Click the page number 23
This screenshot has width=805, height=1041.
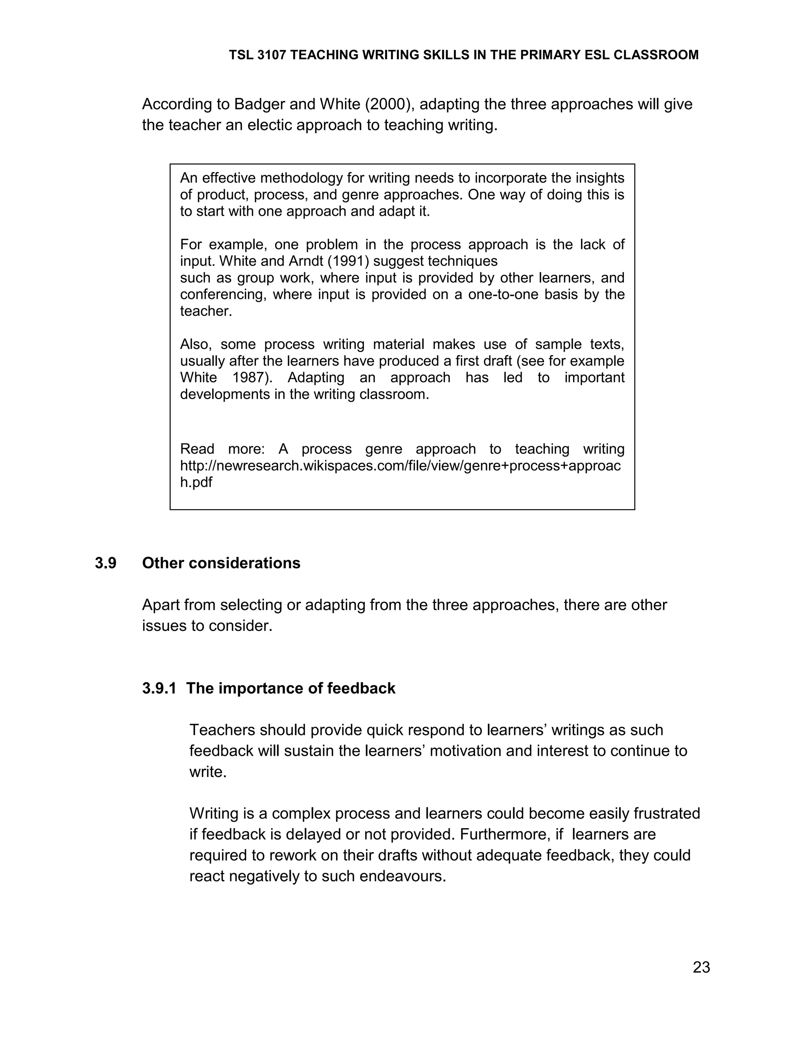pyautogui.click(x=701, y=967)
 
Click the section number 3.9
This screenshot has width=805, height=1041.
pyautogui.click(x=105, y=563)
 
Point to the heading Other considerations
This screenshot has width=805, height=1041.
pyautogui.click(x=221, y=563)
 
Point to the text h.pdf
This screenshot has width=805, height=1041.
pyautogui.click(x=196, y=482)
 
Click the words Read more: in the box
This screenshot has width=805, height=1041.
pyautogui.click(x=222, y=449)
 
